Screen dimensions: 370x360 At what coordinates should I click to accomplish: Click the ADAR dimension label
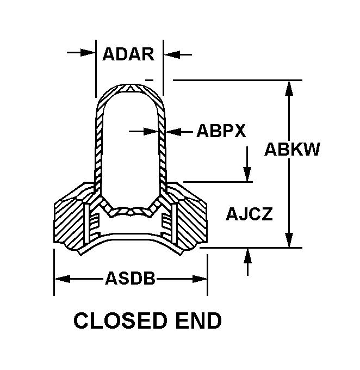128,54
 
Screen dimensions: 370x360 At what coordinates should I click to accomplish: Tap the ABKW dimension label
292,149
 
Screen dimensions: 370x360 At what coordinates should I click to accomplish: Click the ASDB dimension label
130,279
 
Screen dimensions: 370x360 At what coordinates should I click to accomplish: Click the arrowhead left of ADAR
89,53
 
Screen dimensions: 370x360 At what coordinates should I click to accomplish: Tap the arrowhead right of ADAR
171,54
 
